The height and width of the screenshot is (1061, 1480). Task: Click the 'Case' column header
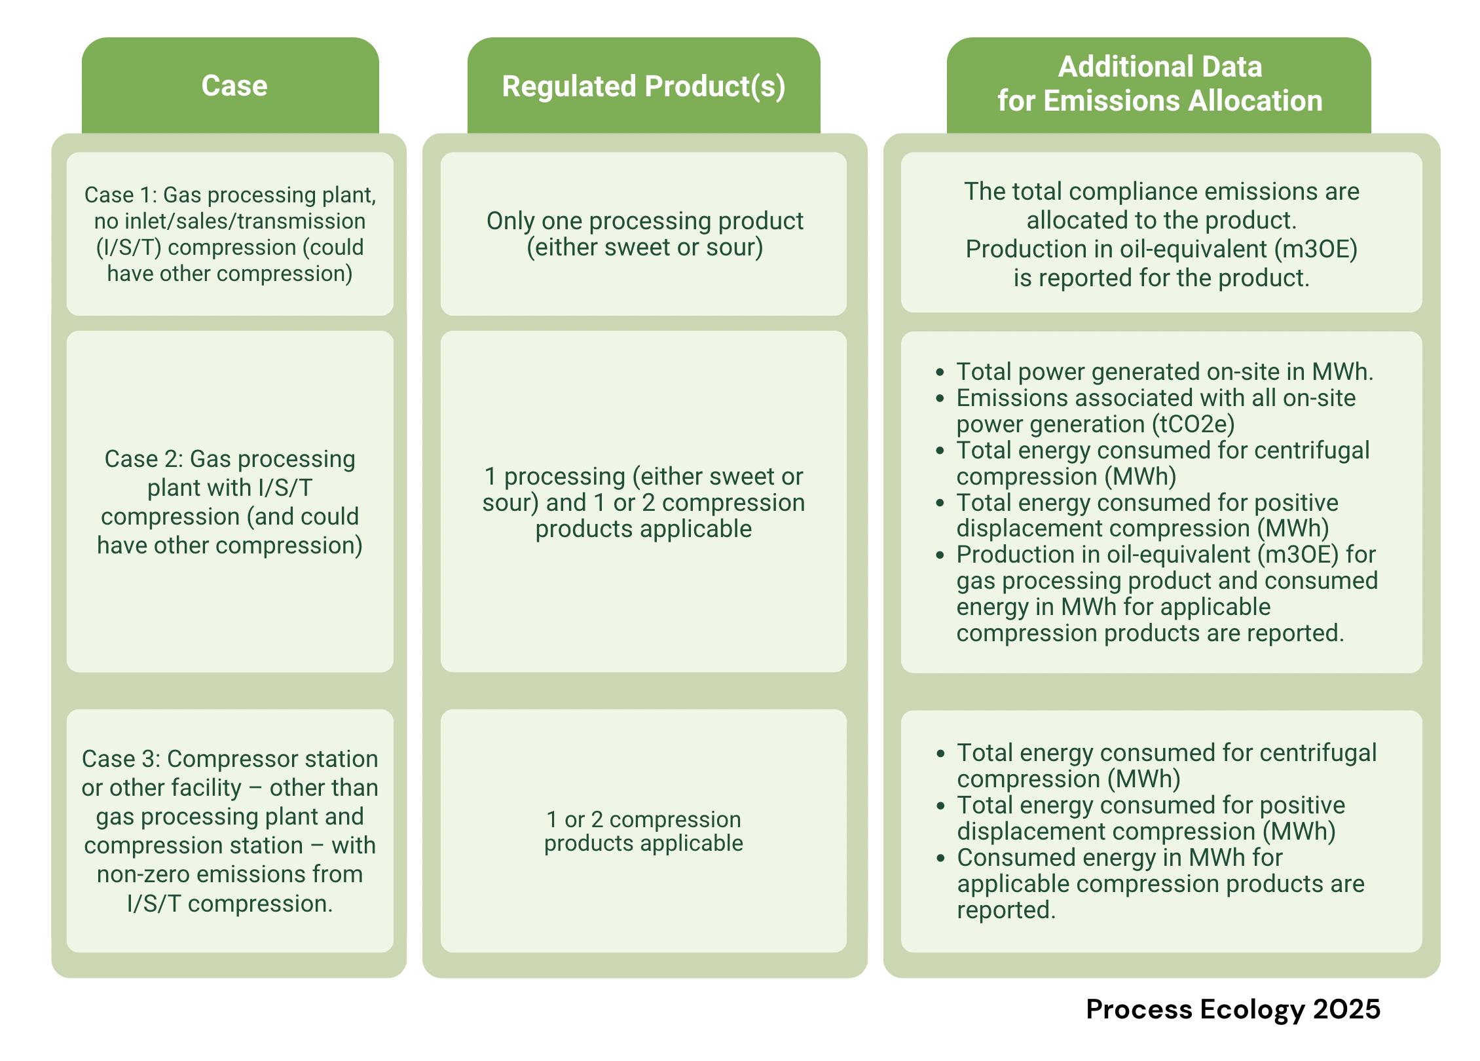point(234,86)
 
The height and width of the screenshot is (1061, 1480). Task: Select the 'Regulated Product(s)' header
point(644,86)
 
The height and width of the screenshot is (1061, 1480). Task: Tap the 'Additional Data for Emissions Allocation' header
point(1160,84)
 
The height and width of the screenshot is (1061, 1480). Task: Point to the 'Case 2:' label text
point(144,458)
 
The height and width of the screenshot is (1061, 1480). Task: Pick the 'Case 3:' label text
point(121,758)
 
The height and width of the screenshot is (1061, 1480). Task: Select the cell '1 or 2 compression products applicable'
point(644,831)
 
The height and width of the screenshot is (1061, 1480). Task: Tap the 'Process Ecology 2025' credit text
point(1233,1009)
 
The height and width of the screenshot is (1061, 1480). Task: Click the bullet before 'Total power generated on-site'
point(940,372)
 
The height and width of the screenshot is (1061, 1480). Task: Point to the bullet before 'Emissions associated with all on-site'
point(940,398)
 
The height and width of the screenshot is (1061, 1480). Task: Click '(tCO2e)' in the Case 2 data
point(1193,424)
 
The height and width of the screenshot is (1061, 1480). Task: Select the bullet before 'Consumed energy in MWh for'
point(941,858)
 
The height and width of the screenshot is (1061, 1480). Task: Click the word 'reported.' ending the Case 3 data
point(1007,910)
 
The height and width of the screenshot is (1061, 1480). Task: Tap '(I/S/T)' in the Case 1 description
point(129,248)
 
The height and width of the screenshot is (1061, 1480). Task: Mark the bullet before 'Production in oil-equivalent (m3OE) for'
point(940,555)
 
